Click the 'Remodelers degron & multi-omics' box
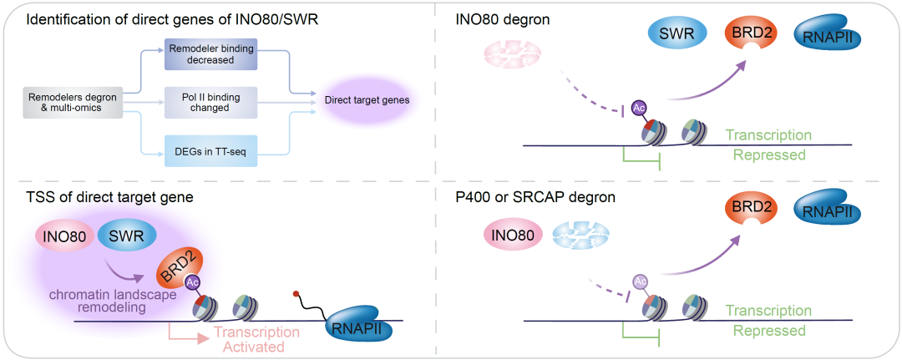click(x=73, y=102)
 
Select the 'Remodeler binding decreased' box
click(x=210, y=54)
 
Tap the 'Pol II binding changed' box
click(x=210, y=103)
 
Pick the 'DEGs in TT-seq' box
click(x=210, y=150)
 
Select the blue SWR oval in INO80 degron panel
click(x=677, y=33)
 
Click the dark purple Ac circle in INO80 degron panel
click(x=640, y=109)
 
